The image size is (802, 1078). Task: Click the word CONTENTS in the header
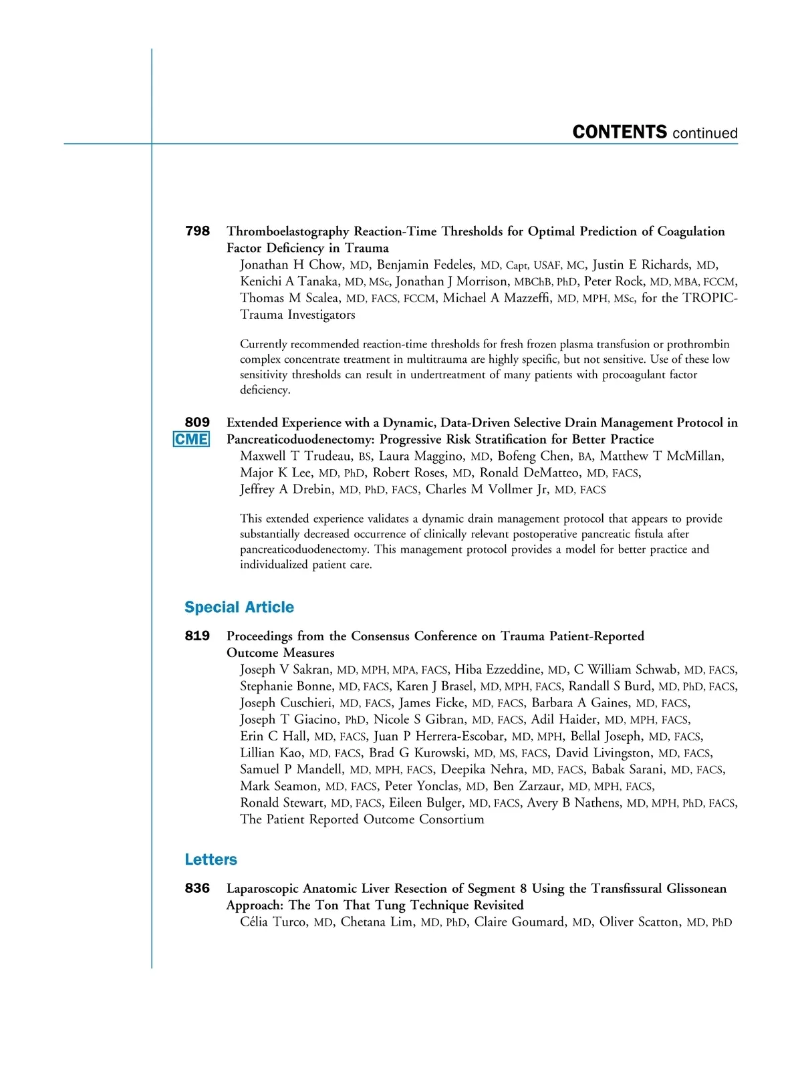click(x=620, y=132)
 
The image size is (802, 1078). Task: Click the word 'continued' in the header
click(x=705, y=133)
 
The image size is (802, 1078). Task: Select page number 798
click(x=197, y=231)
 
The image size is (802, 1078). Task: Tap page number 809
click(x=197, y=422)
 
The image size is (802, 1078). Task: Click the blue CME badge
click(x=191, y=439)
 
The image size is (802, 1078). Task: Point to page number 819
click(x=197, y=636)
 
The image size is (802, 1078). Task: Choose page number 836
click(x=197, y=888)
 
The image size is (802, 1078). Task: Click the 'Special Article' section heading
click(x=239, y=607)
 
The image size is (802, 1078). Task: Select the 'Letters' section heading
click(x=211, y=859)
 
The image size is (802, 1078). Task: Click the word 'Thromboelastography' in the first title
click(x=288, y=232)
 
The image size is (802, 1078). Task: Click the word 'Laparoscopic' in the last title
click(x=263, y=889)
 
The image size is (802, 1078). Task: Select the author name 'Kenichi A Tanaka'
click(x=289, y=281)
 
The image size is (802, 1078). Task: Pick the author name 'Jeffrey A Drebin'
click(x=287, y=489)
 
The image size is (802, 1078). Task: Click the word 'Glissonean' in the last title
click(x=690, y=889)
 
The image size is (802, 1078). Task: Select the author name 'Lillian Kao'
click(x=271, y=753)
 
